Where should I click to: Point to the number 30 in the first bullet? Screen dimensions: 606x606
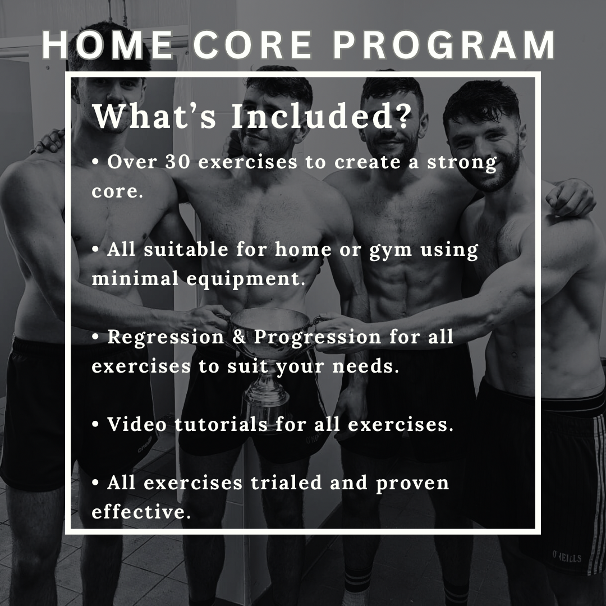click(x=178, y=162)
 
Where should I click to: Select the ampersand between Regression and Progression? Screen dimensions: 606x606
click(x=239, y=337)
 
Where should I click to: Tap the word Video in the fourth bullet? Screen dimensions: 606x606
click(x=137, y=424)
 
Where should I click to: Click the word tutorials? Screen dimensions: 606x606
click(x=221, y=424)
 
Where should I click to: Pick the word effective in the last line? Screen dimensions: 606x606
click(x=141, y=512)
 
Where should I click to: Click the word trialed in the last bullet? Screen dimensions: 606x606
click(x=286, y=483)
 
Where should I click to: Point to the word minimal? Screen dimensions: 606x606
click(x=135, y=278)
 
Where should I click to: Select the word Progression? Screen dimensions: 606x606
click(x=318, y=337)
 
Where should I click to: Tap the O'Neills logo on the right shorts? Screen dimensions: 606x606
click(x=567, y=558)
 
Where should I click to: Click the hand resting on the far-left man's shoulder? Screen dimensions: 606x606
click(x=49, y=141)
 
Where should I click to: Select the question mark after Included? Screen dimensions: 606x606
click(x=402, y=116)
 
